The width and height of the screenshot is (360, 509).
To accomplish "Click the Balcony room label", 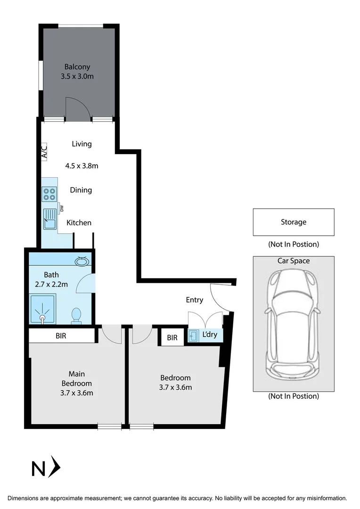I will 77,67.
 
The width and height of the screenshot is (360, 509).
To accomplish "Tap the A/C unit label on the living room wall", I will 44,151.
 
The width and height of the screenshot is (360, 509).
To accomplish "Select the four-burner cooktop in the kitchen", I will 49,194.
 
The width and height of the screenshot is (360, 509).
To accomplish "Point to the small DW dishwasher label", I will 61,208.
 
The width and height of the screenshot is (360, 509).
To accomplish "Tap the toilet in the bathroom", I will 75,315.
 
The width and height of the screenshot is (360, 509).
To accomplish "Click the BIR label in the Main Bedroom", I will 61,336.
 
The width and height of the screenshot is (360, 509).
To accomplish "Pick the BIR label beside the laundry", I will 172,337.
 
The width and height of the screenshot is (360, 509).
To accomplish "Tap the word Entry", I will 194,300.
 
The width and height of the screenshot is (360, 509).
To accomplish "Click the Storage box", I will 293,222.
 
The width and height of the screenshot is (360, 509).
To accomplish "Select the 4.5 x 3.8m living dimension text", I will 82,166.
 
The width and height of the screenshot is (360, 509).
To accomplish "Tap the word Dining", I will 81,190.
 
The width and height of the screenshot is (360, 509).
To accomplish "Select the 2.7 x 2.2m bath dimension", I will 52,284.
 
